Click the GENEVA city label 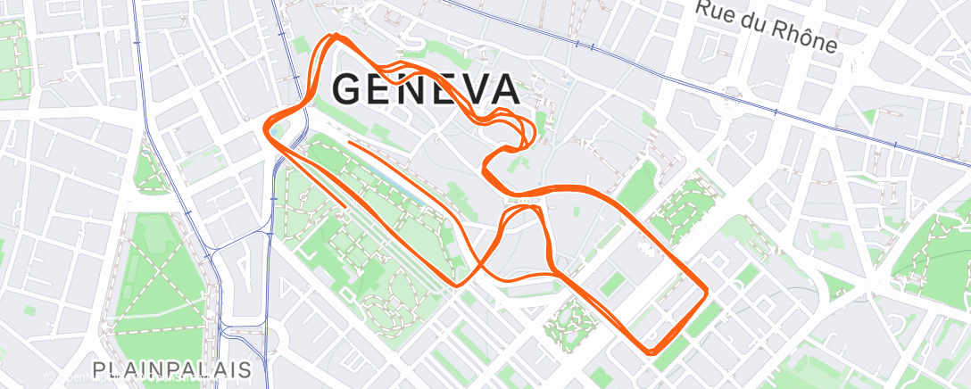point(425,89)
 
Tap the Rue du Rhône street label point(767,27)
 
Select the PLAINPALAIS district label point(171,368)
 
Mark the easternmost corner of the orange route point(707,290)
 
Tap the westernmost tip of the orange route point(266,127)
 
